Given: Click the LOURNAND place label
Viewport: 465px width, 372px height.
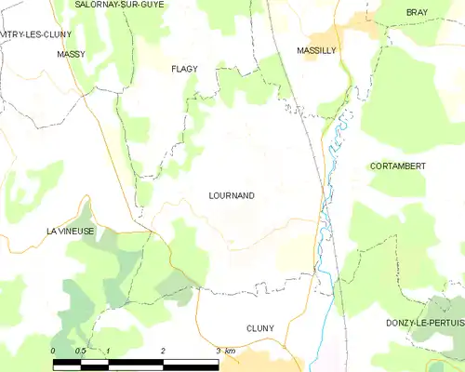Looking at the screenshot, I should (x=232, y=196).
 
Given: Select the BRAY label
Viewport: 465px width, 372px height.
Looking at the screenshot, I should (x=417, y=12).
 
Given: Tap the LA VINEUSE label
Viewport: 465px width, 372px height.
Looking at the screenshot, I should (x=71, y=231).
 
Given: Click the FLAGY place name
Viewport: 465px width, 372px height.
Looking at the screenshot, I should (x=185, y=69).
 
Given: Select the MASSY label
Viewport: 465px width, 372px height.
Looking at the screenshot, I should (x=71, y=55).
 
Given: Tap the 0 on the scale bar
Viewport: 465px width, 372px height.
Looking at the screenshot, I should (x=53, y=351).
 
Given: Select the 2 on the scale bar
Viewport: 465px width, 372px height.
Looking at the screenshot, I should (x=163, y=351).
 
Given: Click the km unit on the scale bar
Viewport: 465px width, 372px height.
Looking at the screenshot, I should (x=229, y=351).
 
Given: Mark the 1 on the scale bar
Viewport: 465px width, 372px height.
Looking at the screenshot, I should (x=108, y=351).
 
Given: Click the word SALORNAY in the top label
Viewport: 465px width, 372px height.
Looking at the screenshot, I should (x=96, y=5).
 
